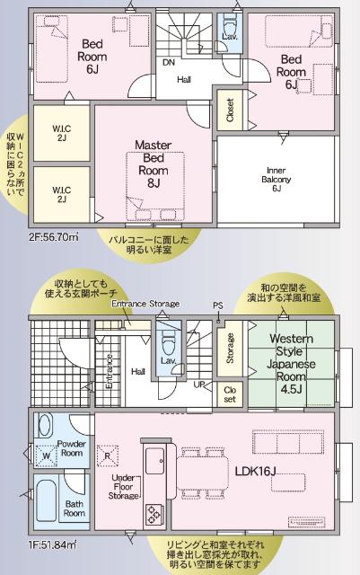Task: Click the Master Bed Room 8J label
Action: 154,164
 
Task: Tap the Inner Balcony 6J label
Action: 276,180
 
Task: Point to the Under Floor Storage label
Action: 125,485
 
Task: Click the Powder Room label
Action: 71,447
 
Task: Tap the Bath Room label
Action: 75,509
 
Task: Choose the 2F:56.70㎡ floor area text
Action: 53,237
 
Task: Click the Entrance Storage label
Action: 145,304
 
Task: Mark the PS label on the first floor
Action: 217,305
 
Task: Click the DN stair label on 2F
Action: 168,62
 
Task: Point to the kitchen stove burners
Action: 154,512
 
